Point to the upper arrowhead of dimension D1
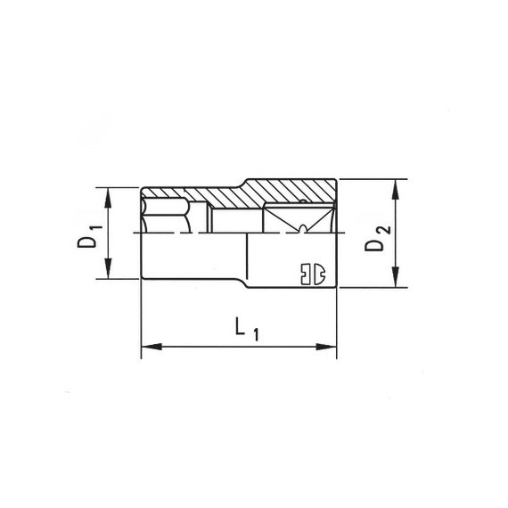coord(108,193)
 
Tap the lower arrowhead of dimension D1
coord(108,273)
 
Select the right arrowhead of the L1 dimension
coord(330,346)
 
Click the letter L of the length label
coord(241,328)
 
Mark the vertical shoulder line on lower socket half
coord(247,258)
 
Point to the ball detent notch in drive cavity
coord(304,230)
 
